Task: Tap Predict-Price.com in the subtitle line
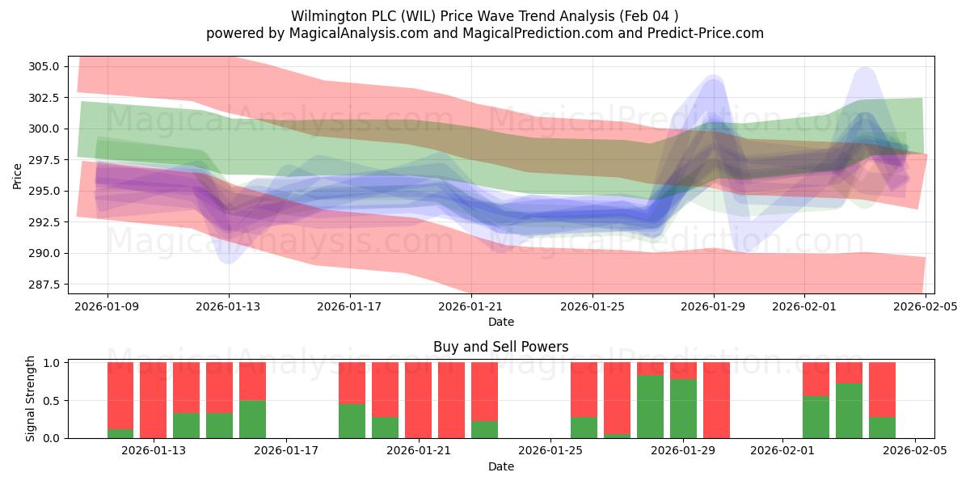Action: [x=701, y=33]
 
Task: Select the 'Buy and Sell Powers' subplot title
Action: [x=500, y=347]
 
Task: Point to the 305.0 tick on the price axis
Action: [x=45, y=66]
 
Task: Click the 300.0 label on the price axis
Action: [x=45, y=129]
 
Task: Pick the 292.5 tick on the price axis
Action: [x=45, y=222]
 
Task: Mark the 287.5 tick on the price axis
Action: [x=45, y=285]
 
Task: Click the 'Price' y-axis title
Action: [x=18, y=175]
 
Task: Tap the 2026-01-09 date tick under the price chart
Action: [x=108, y=306]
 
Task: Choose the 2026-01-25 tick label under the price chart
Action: [x=593, y=306]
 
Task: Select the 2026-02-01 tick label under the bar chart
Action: [x=782, y=450]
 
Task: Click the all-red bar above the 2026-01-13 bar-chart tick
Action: [x=153, y=400]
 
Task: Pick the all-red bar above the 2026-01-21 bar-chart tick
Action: [x=418, y=400]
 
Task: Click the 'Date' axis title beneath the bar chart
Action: [x=500, y=466]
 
